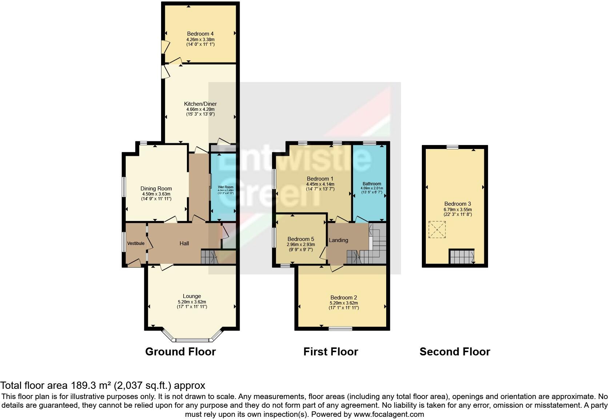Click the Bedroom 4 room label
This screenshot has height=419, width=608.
(200, 34)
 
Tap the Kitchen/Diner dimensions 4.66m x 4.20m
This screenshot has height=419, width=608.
(200, 109)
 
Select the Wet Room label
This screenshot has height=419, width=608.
(225, 187)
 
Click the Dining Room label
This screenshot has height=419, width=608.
(156, 189)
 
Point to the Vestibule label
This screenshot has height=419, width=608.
(136, 243)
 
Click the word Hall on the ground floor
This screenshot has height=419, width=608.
(184, 243)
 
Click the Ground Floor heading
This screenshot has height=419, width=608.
(180, 352)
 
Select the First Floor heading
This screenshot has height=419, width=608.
(331, 352)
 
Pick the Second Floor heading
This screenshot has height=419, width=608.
(455, 352)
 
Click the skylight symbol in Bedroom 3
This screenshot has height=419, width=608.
(437, 229)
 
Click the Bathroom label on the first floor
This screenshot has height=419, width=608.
(372, 184)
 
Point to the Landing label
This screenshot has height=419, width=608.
(338, 240)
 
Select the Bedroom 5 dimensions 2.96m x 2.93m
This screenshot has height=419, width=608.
(301, 245)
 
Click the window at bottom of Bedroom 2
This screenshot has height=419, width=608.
(340, 329)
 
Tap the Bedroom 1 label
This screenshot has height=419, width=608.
(320, 179)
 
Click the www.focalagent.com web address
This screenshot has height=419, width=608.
(388, 414)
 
